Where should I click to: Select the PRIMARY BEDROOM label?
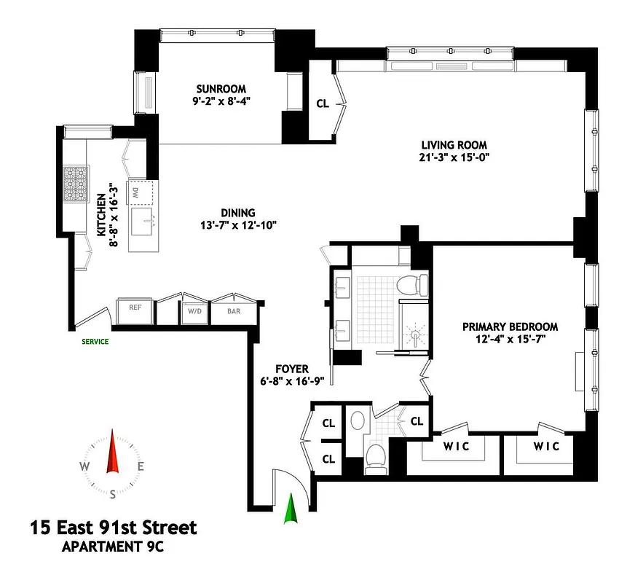(x=510, y=326)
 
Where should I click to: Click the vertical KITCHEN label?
(x=101, y=215)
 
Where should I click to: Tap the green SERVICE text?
(x=95, y=341)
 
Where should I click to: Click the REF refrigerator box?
(x=135, y=308)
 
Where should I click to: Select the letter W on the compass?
(x=85, y=467)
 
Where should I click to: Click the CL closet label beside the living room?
(x=323, y=103)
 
